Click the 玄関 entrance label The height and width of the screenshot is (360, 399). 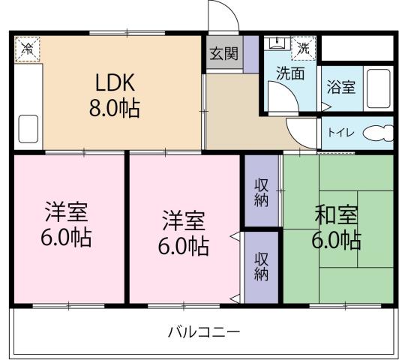(x=223, y=53)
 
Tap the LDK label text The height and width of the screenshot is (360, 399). (x=115, y=81)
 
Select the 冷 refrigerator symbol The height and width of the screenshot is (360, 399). (x=25, y=49)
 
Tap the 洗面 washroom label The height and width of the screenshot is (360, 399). (x=289, y=73)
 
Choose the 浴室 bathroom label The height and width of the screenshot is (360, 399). (x=341, y=87)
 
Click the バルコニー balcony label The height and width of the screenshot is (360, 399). (x=203, y=331)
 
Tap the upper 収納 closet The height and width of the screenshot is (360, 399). (x=261, y=192)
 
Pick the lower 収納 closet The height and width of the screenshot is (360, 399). (x=261, y=265)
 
